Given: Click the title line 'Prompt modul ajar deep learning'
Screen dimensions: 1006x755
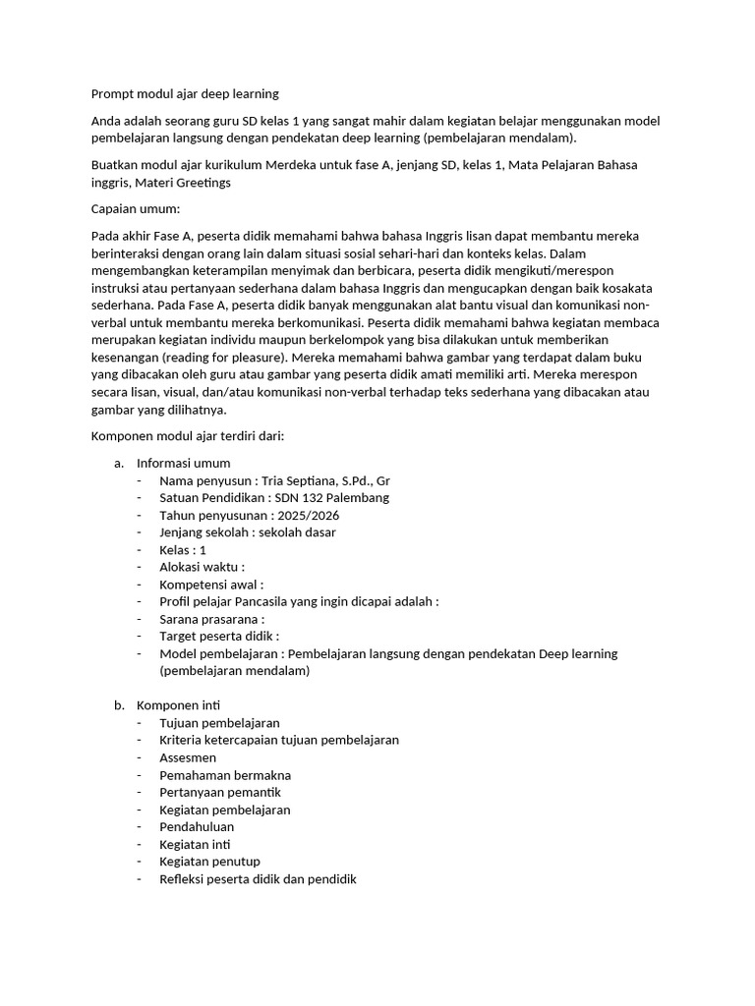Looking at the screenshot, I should click(185, 93).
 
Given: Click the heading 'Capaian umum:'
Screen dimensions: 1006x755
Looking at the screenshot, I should click(129, 209).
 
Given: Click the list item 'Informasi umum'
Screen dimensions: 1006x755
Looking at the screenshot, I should click(183, 463).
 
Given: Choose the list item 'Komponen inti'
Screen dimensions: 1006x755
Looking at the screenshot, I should click(178, 704).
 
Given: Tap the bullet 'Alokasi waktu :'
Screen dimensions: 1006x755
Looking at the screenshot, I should click(202, 567).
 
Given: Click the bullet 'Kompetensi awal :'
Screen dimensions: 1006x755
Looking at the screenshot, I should click(210, 585).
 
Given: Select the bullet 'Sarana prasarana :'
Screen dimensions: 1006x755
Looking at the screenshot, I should click(211, 619).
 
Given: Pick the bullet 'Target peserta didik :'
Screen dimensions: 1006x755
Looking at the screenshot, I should click(219, 637).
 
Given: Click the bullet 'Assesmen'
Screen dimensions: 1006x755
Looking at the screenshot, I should click(188, 757).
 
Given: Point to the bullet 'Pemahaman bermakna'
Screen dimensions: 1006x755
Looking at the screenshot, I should click(224, 775).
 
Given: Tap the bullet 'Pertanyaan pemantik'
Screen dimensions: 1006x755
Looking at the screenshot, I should click(220, 792).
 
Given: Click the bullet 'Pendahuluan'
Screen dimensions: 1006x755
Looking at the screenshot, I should click(197, 827).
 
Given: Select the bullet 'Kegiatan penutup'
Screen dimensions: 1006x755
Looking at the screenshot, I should click(209, 862).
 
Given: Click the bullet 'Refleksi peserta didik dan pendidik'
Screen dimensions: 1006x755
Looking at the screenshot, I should click(257, 879).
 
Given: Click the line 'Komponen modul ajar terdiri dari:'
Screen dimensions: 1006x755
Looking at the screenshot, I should click(187, 435).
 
